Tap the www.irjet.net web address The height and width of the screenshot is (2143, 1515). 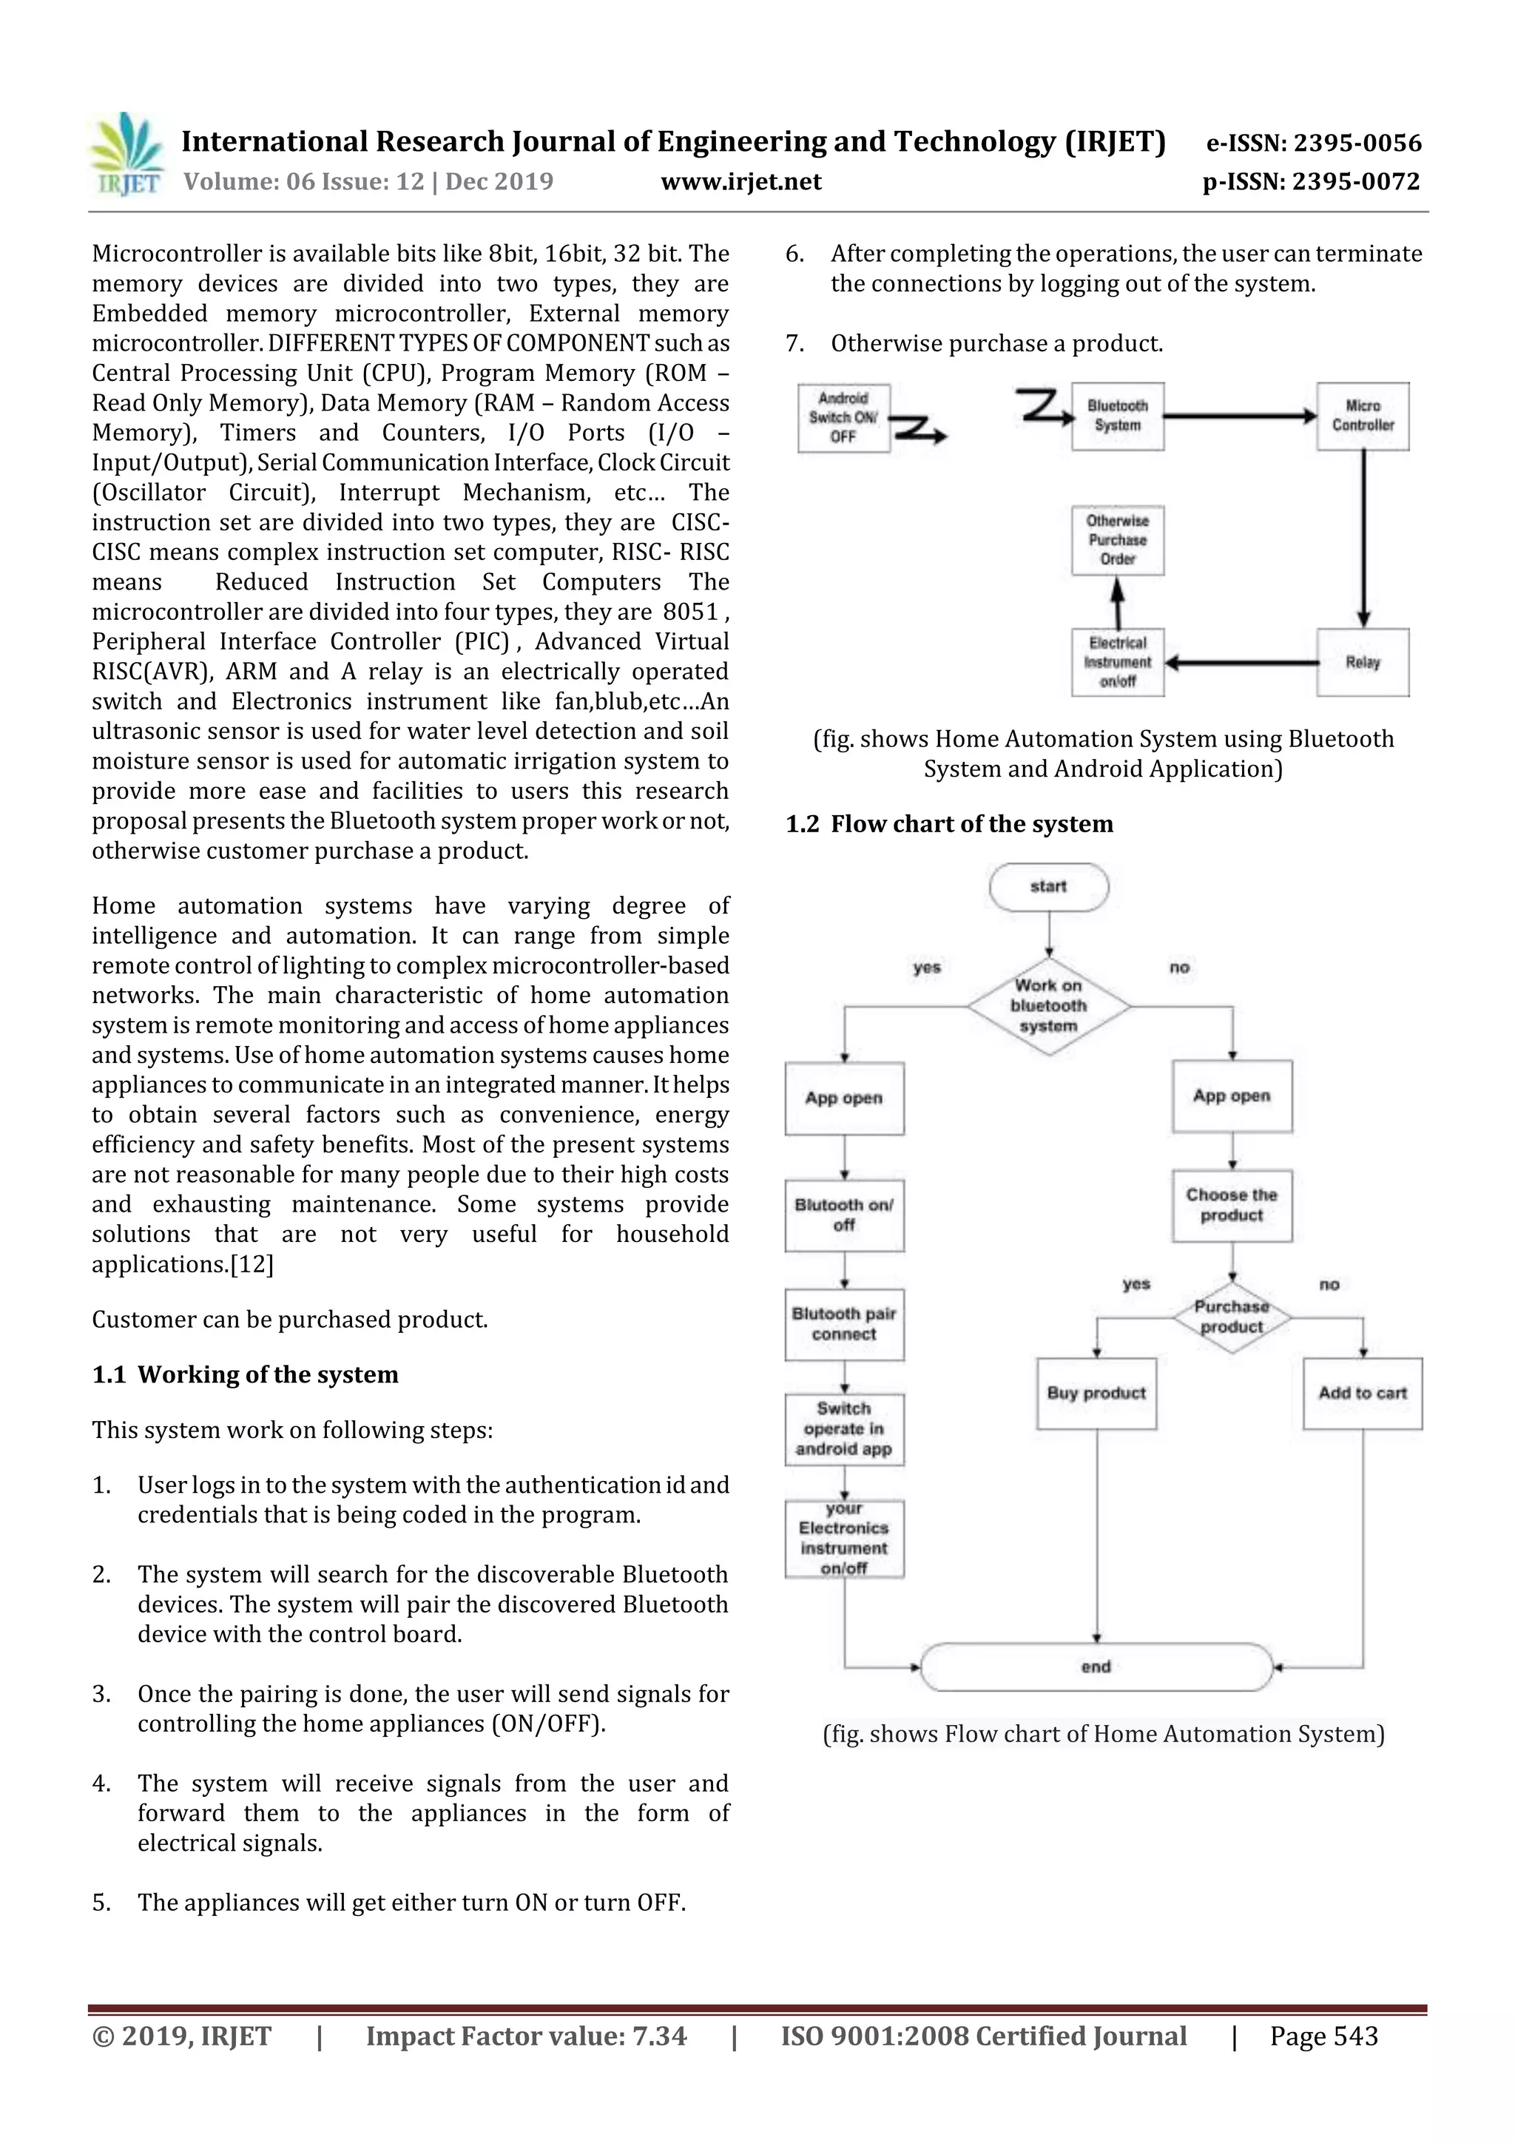point(740,181)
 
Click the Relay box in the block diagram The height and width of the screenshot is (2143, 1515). point(1362,662)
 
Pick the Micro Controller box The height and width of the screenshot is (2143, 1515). point(1362,416)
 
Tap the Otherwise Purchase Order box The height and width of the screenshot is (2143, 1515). point(1117,541)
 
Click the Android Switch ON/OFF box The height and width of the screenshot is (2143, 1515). point(843,417)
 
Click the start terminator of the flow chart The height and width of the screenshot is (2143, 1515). point(1048,887)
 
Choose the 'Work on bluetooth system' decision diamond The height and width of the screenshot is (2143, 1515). point(1048,1006)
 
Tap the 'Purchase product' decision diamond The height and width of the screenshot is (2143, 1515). point(1231,1317)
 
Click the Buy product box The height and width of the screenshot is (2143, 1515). point(1096,1394)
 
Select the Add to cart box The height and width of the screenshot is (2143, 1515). point(1362,1394)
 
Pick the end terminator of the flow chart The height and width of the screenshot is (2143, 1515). point(1096,1667)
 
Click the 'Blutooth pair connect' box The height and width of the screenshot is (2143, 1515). point(844,1324)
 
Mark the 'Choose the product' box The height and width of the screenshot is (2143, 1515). point(1231,1205)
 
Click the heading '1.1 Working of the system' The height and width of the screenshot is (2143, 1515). point(245,1375)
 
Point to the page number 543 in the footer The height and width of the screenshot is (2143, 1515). point(1323,2036)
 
